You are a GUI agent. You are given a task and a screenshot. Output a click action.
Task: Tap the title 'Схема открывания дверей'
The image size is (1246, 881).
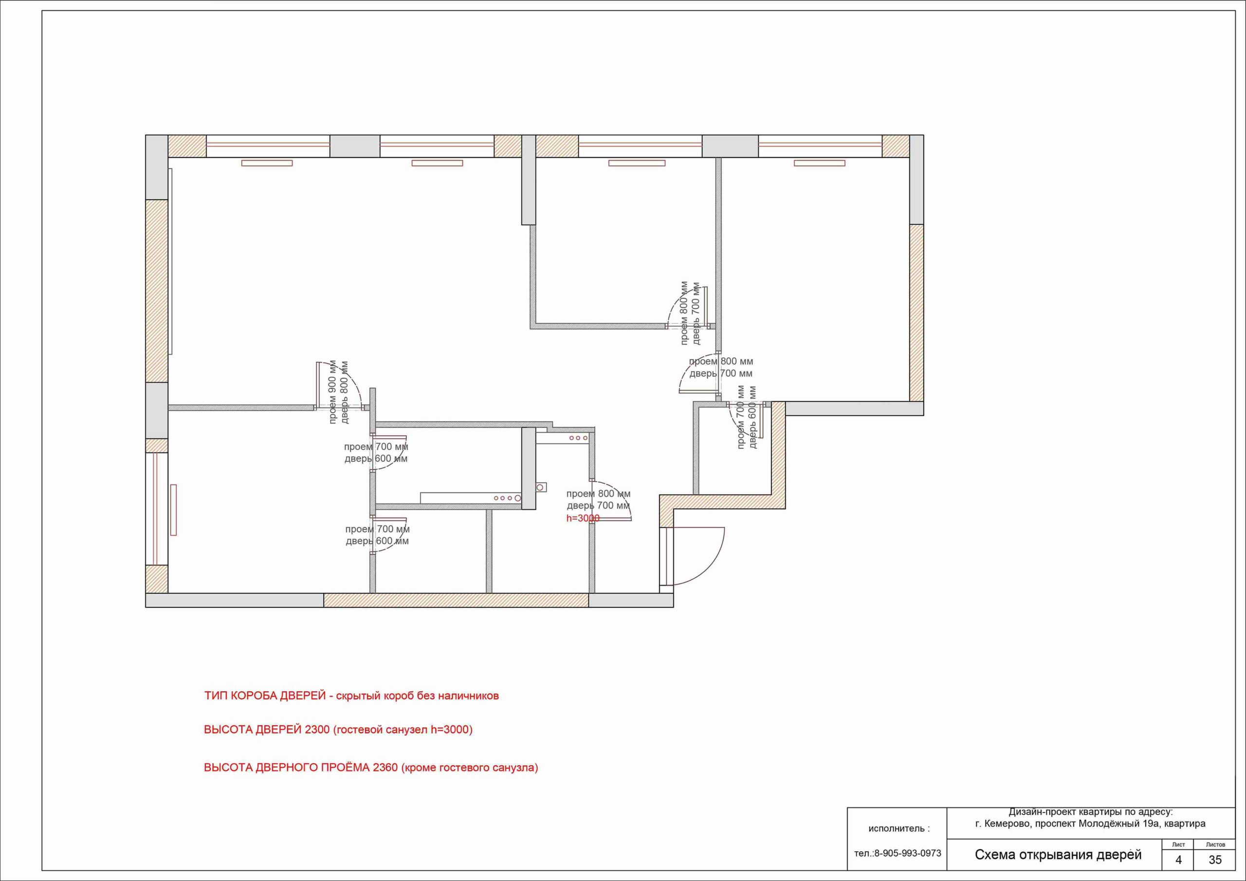coord(1058,855)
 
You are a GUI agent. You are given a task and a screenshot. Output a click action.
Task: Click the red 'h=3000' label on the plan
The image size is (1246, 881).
coord(583,518)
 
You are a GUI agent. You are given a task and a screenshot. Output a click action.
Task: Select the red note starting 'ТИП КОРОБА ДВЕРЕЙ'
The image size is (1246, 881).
coord(351,696)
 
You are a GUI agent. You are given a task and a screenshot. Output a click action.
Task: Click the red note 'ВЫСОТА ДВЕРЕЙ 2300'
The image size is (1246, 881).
coord(338,730)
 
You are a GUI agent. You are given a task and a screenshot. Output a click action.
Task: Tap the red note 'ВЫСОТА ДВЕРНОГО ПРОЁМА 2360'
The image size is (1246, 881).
coord(371,768)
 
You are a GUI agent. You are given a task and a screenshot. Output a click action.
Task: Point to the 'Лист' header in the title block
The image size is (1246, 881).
coord(1178,844)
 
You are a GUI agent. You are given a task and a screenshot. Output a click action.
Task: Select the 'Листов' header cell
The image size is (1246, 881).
coord(1215,844)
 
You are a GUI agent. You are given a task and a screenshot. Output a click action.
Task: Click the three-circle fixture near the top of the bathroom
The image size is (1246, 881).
coord(578,438)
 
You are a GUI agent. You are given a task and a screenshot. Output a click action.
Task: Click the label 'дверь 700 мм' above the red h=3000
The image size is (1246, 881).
coord(598,506)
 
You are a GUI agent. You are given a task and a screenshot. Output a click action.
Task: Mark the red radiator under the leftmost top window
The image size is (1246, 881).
coord(267,163)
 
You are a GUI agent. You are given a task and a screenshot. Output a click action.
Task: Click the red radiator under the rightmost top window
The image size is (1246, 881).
coord(820,163)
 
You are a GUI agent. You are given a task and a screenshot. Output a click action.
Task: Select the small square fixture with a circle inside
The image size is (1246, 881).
coord(541,487)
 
